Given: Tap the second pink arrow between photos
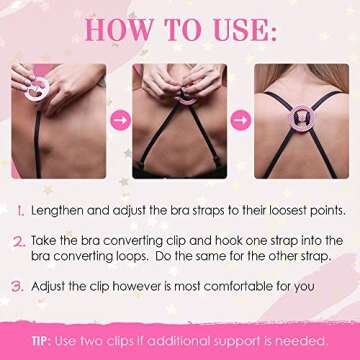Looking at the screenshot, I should [240, 120].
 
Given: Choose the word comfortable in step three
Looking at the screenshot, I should [240, 287].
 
